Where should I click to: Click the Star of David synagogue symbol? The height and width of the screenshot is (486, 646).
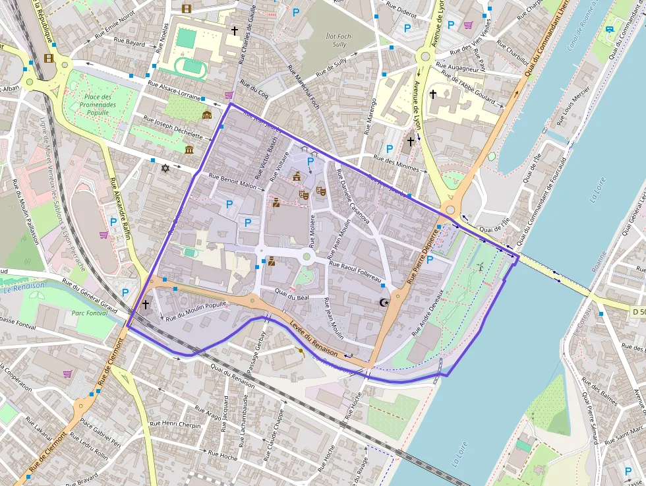pyautogui.click(x=165, y=169)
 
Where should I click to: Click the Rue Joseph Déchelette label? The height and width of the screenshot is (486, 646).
pyautogui.click(x=173, y=127)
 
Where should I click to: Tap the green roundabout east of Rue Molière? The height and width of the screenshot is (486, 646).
pyautogui.click(x=307, y=257)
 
